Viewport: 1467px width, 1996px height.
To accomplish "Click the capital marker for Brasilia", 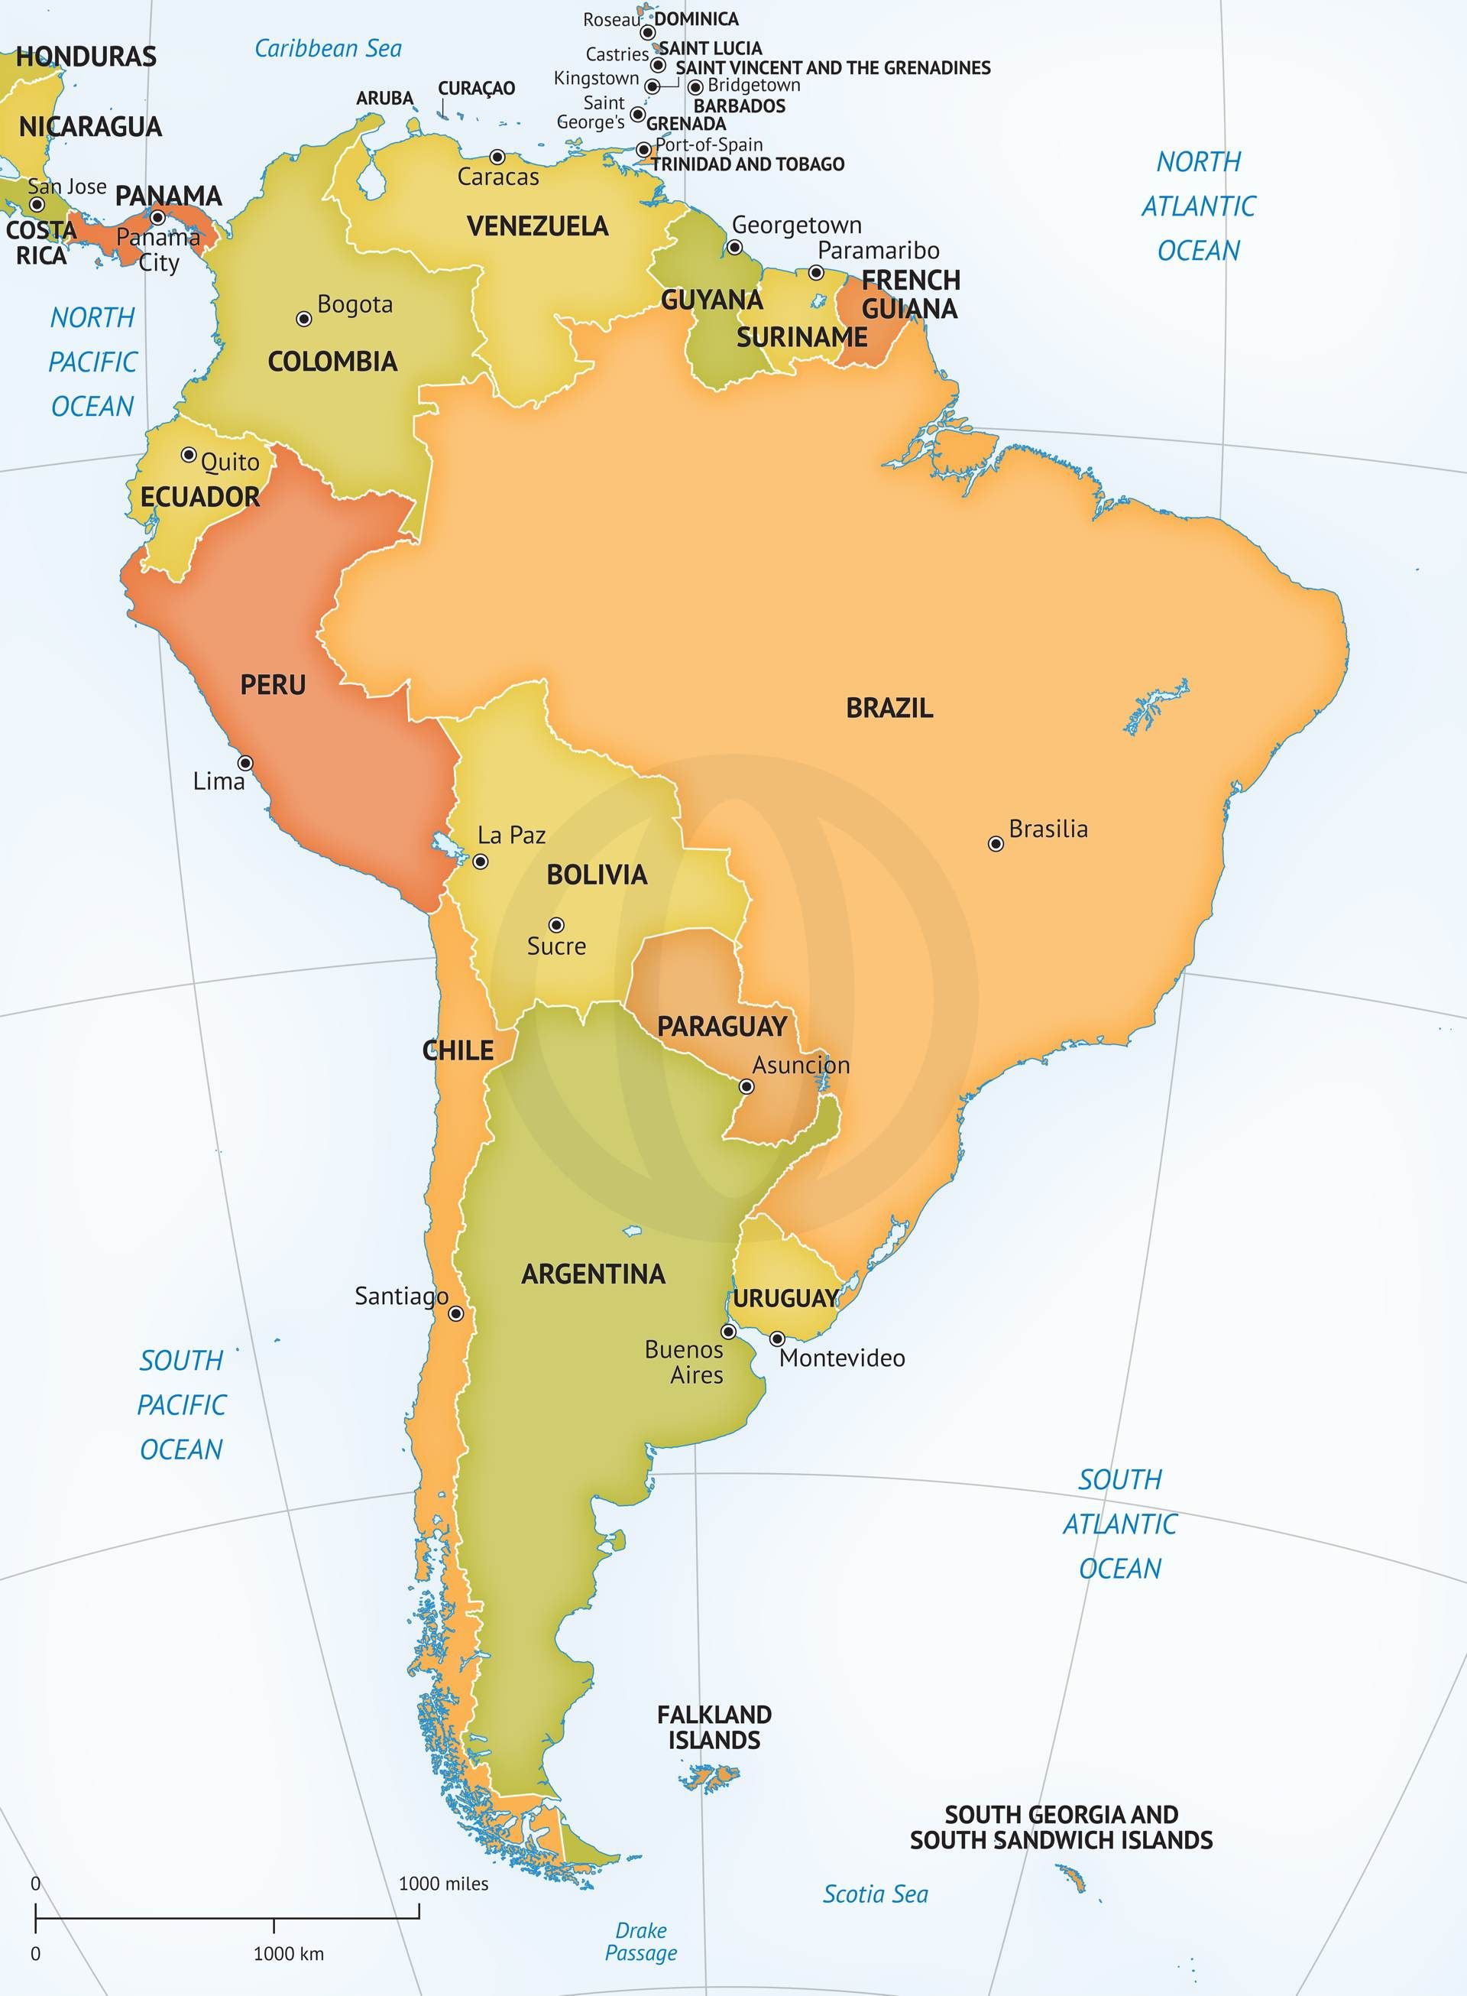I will (x=996, y=844).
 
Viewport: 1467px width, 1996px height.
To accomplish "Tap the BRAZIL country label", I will (x=889, y=708).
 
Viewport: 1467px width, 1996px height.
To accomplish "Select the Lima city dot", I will (x=245, y=763).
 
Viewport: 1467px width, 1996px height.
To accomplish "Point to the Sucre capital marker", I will (x=556, y=925).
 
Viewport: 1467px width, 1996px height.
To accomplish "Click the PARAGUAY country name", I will (x=721, y=1027).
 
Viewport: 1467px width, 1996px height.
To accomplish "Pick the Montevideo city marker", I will (x=777, y=1338).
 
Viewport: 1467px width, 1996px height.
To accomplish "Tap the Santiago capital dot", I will (x=455, y=1313).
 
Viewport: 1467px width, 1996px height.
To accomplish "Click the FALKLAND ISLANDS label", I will (x=714, y=1727).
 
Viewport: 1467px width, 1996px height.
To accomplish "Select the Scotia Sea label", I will (x=875, y=1894).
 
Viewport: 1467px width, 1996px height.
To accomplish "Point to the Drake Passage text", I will (x=640, y=1941).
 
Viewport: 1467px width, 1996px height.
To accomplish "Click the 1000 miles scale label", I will (x=443, y=1883).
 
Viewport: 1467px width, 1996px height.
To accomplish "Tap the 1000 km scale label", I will (x=288, y=1953).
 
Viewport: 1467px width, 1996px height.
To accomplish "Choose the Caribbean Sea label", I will (x=328, y=48).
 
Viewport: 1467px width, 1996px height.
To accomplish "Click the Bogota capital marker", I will (x=303, y=319).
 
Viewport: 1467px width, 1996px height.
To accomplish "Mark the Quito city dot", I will (x=188, y=455).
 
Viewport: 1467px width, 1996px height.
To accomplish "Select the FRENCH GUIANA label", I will (x=910, y=294).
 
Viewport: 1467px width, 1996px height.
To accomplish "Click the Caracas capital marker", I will (x=497, y=157).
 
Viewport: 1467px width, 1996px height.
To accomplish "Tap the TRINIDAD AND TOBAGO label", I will (x=748, y=164).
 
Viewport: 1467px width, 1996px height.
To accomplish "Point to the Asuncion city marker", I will (x=746, y=1086).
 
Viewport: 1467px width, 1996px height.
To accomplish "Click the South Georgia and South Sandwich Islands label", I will (x=1061, y=1827).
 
